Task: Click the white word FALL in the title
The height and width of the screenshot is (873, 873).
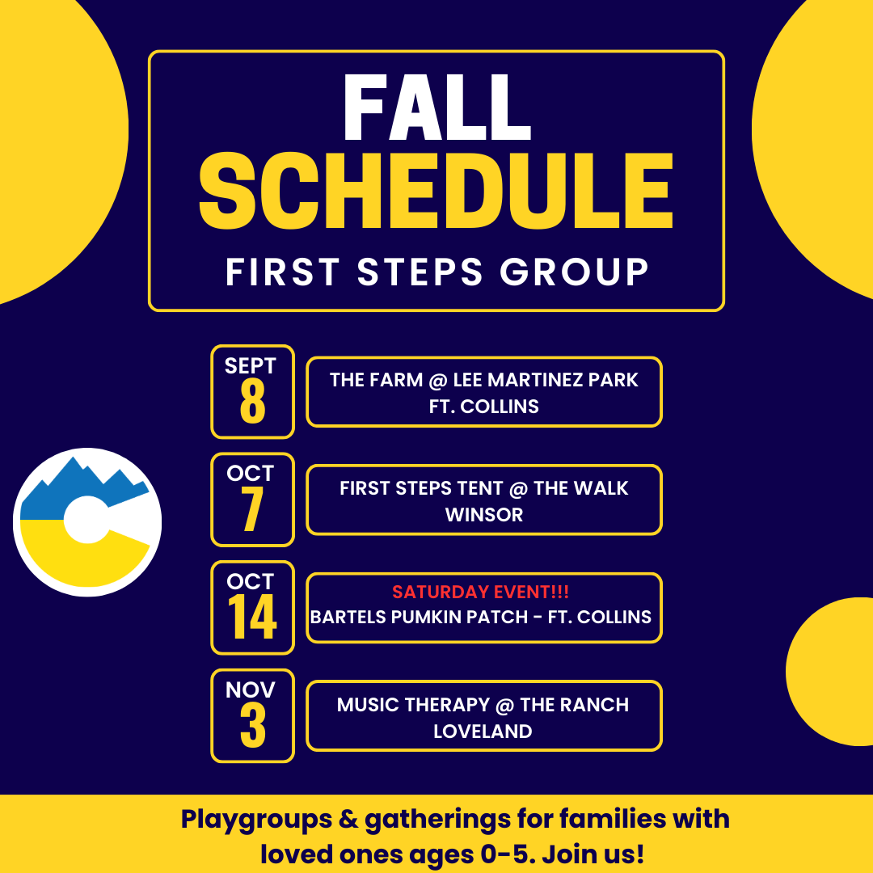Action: [437, 108]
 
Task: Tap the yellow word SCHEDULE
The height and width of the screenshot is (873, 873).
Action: [436, 191]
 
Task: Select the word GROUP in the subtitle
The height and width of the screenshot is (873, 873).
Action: [574, 272]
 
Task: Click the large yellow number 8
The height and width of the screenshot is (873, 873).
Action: [252, 401]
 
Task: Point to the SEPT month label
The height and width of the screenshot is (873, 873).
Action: [250, 366]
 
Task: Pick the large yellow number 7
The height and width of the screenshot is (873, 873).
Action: [251, 509]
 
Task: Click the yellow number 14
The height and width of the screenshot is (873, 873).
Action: [251, 616]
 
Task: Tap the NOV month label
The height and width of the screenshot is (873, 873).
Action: [250, 690]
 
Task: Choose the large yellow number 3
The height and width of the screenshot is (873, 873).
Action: [252, 725]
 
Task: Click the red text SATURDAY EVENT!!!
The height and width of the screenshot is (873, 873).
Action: [480, 592]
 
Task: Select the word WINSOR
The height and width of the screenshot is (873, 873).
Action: [484, 514]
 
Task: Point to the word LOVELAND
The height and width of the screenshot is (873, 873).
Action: [483, 731]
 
